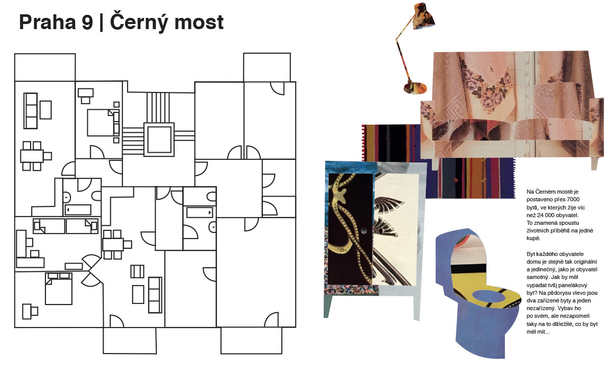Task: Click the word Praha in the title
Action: tap(47, 22)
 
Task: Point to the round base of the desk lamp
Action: tap(415, 87)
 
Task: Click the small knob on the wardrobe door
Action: tap(363, 230)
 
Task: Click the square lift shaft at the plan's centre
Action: tap(158, 139)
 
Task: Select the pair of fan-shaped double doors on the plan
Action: tap(92, 270)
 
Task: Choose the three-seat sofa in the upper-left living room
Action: tap(31, 110)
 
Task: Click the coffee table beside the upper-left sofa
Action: tap(46, 109)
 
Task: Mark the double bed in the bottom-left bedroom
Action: tap(58, 289)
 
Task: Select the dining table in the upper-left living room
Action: tap(32, 155)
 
